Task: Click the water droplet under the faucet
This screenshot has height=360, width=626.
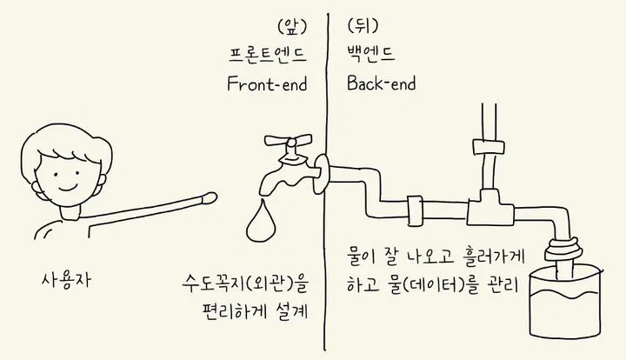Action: tap(261, 223)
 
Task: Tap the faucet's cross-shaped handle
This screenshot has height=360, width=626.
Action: tap(289, 141)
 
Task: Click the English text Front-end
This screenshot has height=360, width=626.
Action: tap(267, 83)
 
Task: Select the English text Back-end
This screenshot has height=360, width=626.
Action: tap(382, 83)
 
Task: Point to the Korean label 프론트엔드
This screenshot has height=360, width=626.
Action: tap(268, 55)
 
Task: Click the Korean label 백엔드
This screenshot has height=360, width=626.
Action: tap(371, 54)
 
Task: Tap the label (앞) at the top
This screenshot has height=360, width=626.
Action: tap(292, 27)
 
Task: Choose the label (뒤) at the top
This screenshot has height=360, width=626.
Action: tap(363, 26)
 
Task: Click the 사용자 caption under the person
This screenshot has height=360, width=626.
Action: tap(66, 280)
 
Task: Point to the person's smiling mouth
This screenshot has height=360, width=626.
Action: tap(68, 187)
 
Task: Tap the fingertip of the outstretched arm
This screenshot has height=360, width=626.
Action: tap(210, 197)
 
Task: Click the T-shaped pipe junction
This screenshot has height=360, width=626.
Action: tap(489, 207)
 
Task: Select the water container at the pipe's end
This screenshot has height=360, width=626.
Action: tap(566, 302)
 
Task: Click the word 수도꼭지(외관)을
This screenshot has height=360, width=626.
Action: tap(245, 283)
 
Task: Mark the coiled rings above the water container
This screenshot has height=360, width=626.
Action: tap(563, 250)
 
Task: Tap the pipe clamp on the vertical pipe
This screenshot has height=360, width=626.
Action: tap(489, 146)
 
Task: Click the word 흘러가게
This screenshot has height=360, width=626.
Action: tap(493, 257)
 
